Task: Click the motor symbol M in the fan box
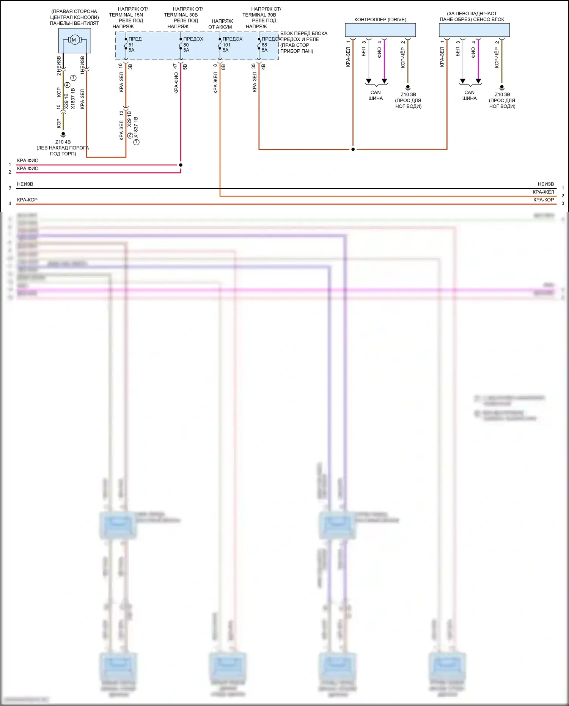tap(74, 40)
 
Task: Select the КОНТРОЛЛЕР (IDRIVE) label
tap(380, 20)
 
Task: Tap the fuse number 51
tap(131, 45)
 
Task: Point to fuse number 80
tap(186, 45)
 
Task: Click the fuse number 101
tap(226, 45)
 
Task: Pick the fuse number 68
tap(264, 45)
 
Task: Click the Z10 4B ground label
tap(63, 142)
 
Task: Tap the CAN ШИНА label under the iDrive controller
tap(376, 95)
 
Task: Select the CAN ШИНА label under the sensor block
tap(470, 95)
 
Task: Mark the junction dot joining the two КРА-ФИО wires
tap(181, 165)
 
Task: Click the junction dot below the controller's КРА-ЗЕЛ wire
tap(353, 149)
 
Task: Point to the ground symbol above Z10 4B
tap(63, 134)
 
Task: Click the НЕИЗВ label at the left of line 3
tap(25, 184)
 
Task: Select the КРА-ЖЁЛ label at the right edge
tap(543, 192)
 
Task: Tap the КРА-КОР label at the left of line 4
tap(27, 200)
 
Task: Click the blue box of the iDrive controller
tap(380, 30)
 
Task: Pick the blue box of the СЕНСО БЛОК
tap(474, 30)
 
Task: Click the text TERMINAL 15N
tap(126, 15)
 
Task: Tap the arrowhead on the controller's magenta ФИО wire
tap(384, 81)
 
